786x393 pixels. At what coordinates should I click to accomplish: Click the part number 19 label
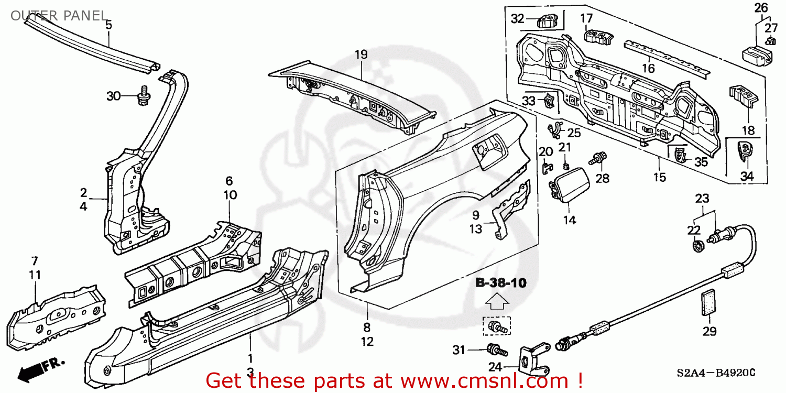(x=361, y=54)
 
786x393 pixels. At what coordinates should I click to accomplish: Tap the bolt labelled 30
(x=142, y=96)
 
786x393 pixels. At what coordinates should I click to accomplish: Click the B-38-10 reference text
(x=500, y=283)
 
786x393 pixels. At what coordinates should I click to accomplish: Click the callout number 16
(x=648, y=69)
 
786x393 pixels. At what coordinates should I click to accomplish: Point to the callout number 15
(x=659, y=177)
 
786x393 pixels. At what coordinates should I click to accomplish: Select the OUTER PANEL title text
(x=58, y=16)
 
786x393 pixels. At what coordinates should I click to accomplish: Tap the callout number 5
(x=108, y=24)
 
